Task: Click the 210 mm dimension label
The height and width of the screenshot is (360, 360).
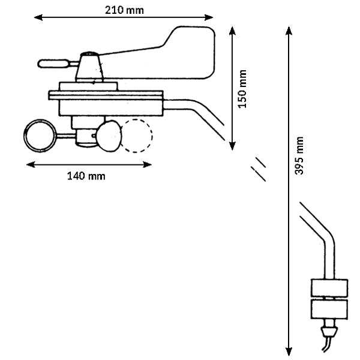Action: [x=124, y=9]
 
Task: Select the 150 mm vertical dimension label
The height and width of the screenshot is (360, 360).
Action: [x=243, y=89]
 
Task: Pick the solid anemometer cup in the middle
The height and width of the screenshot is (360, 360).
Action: [x=110, y=136]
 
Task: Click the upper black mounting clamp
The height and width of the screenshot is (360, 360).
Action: [x=329, y=289]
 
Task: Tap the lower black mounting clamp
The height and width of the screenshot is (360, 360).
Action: [x=329, y=310]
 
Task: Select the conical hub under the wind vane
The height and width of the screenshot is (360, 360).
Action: [x=91, y=68]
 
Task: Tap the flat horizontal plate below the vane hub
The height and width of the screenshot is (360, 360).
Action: [x=106, y=94]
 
